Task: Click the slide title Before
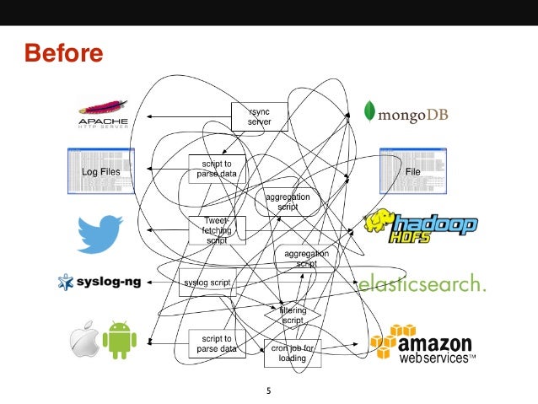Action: coord(64,54)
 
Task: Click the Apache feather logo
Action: coord(103,113)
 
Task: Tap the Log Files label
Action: coord(100,171)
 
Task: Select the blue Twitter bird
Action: coord(100,233)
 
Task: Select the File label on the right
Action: coord(412,171)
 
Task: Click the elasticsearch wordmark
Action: coord(422,284)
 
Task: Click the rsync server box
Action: coord(260,116)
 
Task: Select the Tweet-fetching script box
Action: coord(217,229)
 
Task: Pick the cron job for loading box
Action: coord(293,353)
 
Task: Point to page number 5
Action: coord(268,391)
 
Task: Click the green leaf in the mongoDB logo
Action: coord(369,110)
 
